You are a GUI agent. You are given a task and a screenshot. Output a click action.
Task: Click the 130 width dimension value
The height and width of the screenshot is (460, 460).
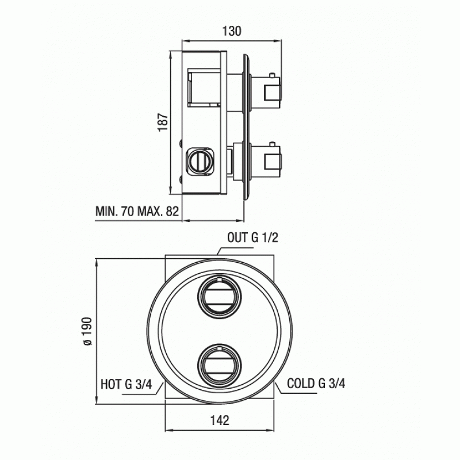[232, 31]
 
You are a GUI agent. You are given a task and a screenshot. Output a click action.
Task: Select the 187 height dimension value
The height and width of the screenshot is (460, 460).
[163, 122]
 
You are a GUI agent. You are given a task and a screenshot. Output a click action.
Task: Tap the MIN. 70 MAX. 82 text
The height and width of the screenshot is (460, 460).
[137, 211]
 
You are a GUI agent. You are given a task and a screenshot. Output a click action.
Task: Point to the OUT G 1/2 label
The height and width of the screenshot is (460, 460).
[252, 237]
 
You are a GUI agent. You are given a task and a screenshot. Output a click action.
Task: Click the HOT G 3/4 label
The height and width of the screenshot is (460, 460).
[126, 384]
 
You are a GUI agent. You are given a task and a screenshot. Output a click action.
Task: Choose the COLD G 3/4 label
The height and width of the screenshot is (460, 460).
[316, 384]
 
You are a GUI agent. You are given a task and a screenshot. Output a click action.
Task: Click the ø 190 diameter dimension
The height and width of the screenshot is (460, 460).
[88, 331]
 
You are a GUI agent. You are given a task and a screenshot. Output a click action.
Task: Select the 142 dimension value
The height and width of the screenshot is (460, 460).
[220, 420]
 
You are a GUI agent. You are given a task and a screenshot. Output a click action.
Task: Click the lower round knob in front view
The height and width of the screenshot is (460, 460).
[219, 366]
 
